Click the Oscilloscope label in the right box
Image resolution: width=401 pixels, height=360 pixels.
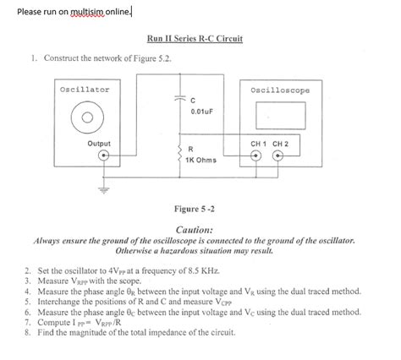[280, 90]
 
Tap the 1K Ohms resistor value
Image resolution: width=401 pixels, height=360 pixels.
[201, 161]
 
